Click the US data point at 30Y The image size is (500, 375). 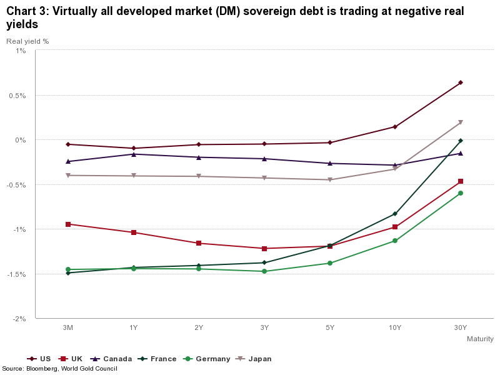click(x=461, y=82)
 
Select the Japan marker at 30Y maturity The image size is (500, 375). click(x=461, y=122)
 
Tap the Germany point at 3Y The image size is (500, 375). click(x=264, y=271)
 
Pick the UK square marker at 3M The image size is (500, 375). click(x=68, y=224)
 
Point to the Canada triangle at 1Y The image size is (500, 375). click(x=134, y=154)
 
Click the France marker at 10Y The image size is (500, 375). click(x=395, y=214)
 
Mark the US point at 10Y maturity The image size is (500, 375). click(x=395, y=127)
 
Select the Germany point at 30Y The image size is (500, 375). click(x=461, y=193)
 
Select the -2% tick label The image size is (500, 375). click(x=19, y=318)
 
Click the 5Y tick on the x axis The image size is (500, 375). click(x=330, y=327)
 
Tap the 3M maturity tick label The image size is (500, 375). click(x=68, y=327)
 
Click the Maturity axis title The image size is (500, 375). click(x=480, y=339)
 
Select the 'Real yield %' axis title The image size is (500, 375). click(x=27, y=41)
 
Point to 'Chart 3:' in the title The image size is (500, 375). click(x=26, y=11)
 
